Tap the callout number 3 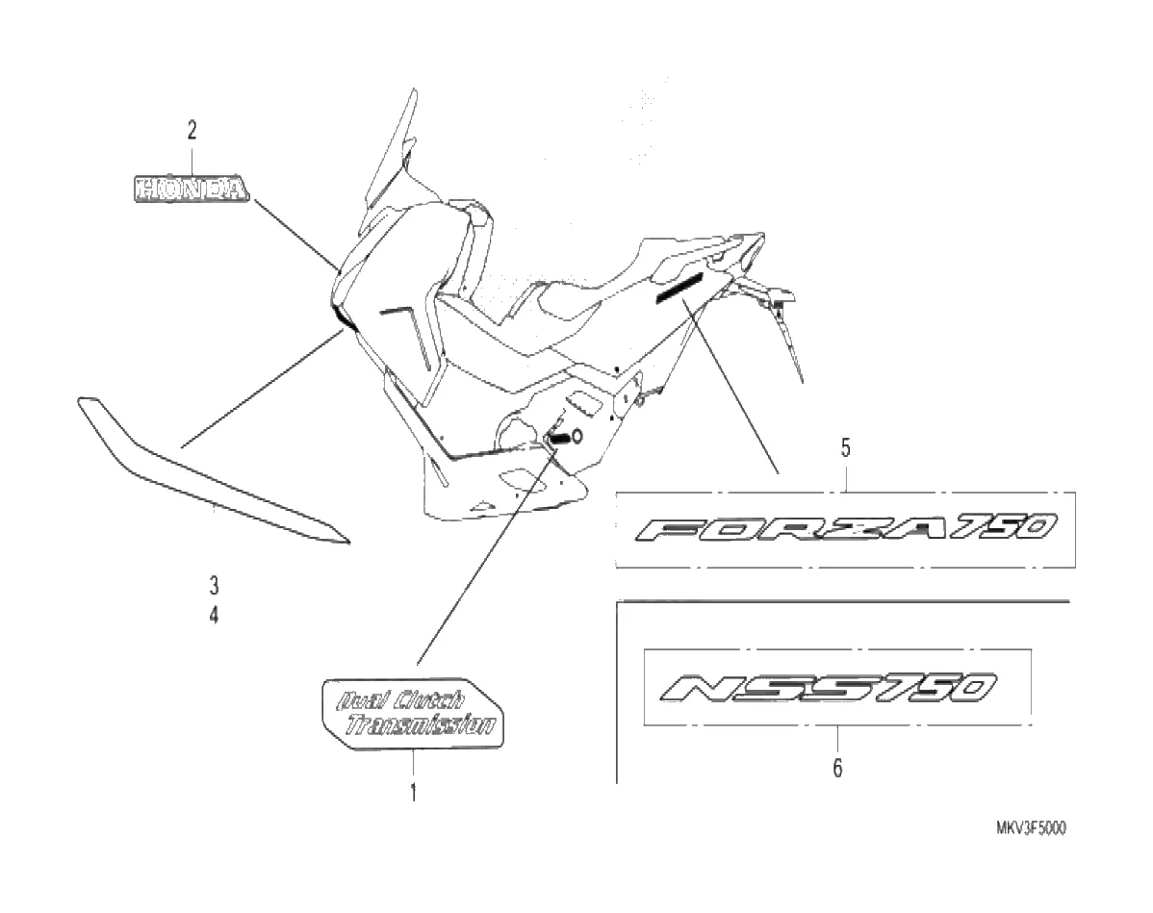click(x=214, y=584)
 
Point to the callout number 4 click(x=214, y=614)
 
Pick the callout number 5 click(x=845, y=447)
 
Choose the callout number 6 click(x=837, y=769)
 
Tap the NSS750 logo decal click(x=831, y=688)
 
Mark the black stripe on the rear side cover click(x=679, y=286)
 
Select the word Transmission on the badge click(x=423, y=726)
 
